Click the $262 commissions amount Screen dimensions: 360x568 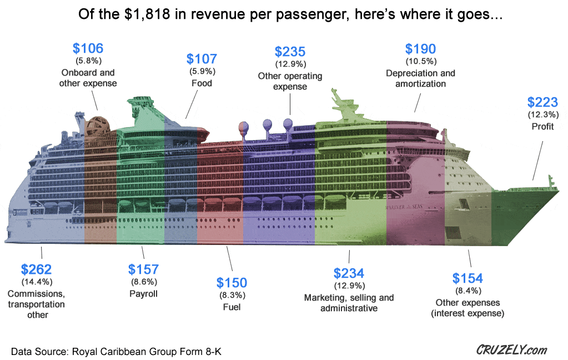click(36, 269)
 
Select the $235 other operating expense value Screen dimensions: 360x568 click(290, 52)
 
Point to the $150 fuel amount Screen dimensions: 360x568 click(232, 283)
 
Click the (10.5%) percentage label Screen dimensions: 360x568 click(420, 61)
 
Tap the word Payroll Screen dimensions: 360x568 click(143, 294)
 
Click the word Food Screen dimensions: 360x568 click(202, 83)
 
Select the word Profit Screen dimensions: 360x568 click(542, 126)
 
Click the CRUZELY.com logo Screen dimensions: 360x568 click(511, 350)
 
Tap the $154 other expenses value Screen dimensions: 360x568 click(468, 278)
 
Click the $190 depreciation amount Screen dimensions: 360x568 click(420, 49)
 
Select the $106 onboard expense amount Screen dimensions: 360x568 click(88, 48)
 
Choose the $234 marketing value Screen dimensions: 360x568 click(349, 273)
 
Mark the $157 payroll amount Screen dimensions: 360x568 click(143, 269)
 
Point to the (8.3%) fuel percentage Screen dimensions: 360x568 click(232, 295)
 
